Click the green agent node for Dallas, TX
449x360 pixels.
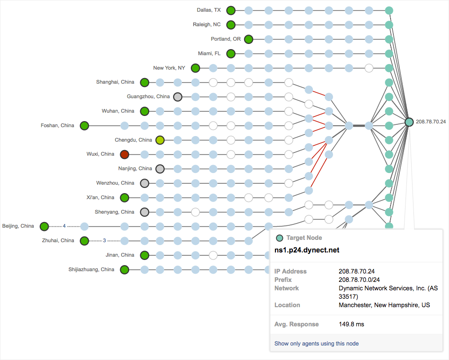click(231, 10)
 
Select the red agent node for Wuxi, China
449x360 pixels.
click(124, 154)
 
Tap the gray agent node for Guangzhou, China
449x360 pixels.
click(178, 97)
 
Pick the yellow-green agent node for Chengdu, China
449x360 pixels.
click(160, 140)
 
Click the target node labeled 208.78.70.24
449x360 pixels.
click(409, 122)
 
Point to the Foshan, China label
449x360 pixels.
click(58, 125)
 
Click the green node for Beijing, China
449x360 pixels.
click(44, 227)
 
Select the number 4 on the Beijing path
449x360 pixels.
click(65, 227)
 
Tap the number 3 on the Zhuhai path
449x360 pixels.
click(104, 241)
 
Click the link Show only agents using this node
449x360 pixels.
click(317, 344)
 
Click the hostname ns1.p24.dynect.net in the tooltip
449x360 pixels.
click(306, 250)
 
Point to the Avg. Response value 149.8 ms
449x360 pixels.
click(351, 324)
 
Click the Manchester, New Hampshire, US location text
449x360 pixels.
click(384, 305)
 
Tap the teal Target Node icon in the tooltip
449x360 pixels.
click(280, 238)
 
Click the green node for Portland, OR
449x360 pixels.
click(248, 39)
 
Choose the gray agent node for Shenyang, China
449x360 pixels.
click(145, 212)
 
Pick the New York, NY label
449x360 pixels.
click(169, 68)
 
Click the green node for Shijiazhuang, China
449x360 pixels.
click(124, 270)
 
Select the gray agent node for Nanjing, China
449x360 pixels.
click(160, 169)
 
